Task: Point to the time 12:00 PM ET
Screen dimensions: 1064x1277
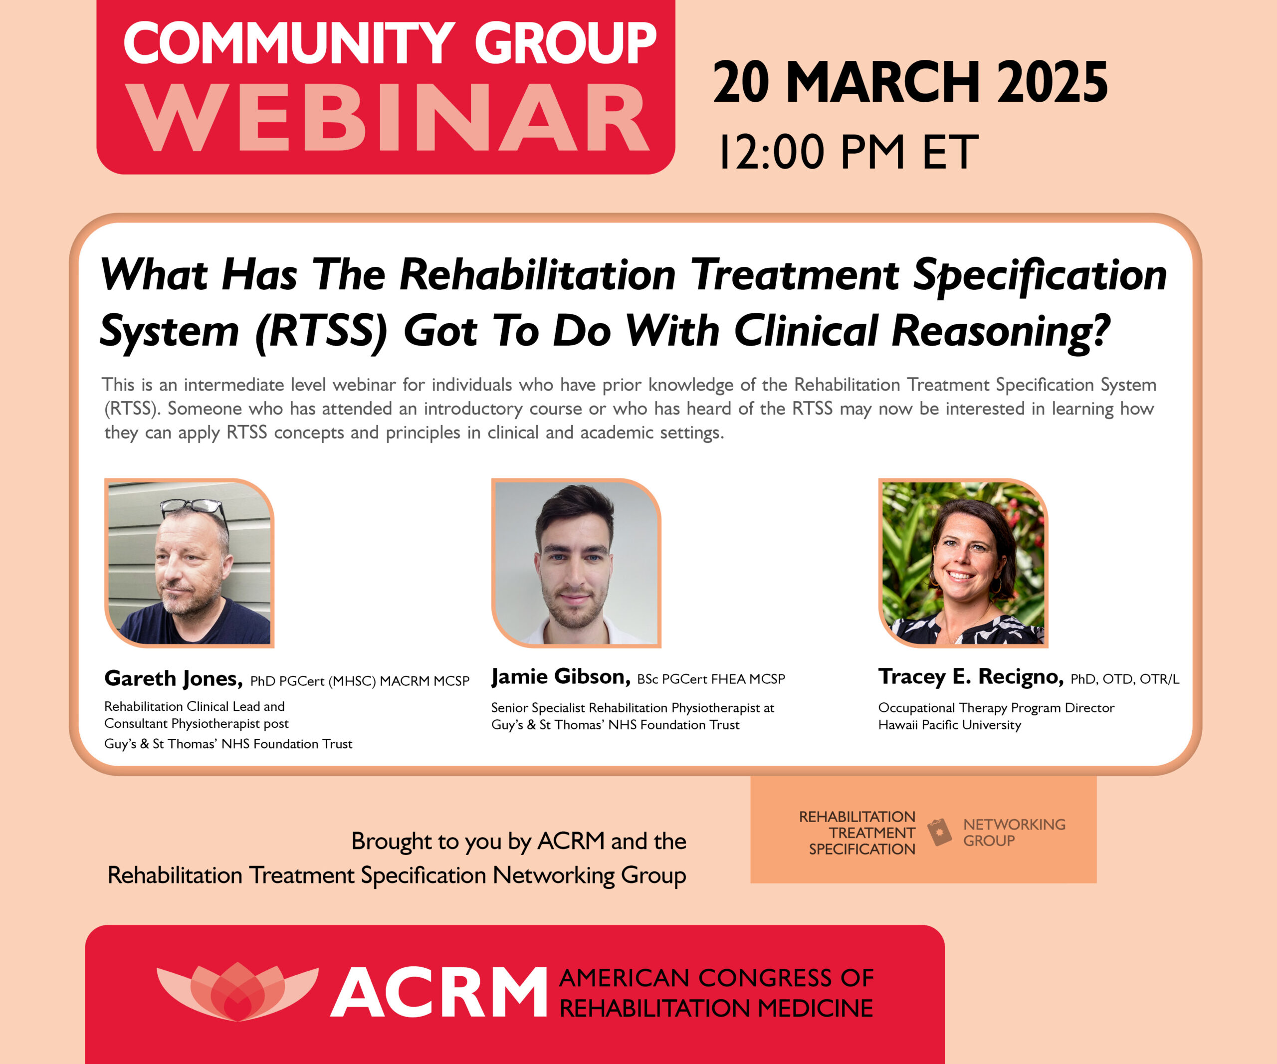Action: [849, 152]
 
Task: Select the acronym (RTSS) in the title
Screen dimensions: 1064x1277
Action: [320, 332]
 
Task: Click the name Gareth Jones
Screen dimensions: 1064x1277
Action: [173, 678]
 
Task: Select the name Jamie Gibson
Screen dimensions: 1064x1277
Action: [560, 677]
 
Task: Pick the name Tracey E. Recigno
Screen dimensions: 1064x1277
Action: [971, 677]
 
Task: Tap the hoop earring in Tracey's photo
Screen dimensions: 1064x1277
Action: [996, 585]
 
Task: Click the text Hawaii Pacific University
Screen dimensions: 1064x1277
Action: [949, 725]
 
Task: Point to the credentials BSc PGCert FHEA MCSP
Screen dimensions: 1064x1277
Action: [711, 679]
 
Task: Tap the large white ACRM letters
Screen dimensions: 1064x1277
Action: [438, 993]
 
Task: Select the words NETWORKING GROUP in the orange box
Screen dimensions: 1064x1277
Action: [1014, 833]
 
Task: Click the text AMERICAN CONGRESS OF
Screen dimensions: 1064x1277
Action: [716, 978]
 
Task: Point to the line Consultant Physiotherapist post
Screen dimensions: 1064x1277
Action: [197, 723]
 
